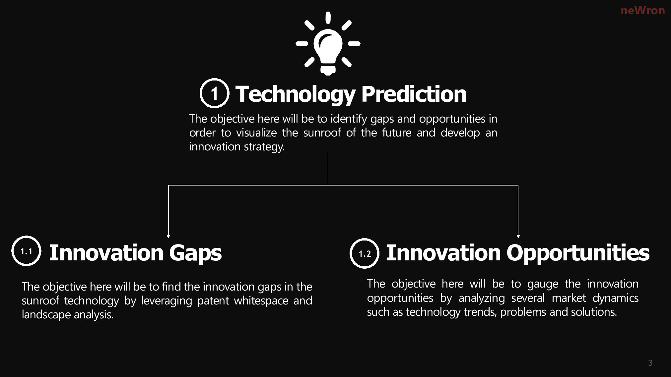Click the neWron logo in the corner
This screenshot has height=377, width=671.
tap(642, 11)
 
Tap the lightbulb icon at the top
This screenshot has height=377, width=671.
tap(328, 43)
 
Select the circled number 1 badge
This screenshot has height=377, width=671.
tap(214, 93)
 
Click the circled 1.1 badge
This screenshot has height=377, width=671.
tap(26, 251)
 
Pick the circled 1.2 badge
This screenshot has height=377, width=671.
tap(365, 253)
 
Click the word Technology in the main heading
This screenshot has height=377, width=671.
tap(296, 94)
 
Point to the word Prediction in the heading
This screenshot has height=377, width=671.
tap(414, 94)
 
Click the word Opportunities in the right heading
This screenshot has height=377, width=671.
tap(578, 254)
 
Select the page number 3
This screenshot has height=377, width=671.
tap(650, 363)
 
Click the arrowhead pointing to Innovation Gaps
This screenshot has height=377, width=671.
tap(168, 236)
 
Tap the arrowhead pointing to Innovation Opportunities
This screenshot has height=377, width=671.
tap(518, 236)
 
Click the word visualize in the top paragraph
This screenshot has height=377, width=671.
tap(256, 133)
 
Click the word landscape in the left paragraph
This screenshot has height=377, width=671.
tap(46, 315)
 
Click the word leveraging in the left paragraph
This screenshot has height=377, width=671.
tap(167, 301)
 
